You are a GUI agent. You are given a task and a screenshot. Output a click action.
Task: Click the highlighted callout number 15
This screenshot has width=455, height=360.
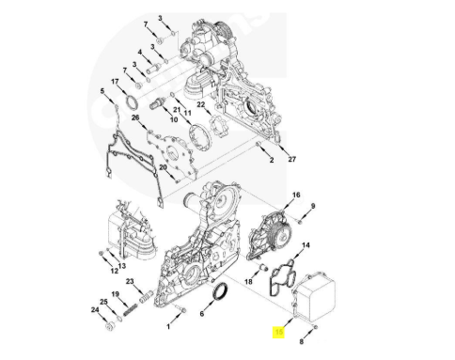[x=278, y=332]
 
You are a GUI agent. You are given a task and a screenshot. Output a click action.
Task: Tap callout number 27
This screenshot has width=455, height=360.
[x=291, y=159]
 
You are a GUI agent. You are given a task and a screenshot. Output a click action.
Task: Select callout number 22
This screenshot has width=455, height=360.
[x=200, y=104]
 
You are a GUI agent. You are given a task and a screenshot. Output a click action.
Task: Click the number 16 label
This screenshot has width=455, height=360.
[x=296, y=195]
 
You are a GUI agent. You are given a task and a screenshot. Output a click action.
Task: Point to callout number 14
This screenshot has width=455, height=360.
[x=306, y=244]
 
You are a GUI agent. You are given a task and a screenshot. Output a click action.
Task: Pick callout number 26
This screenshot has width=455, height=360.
[x=135, y=117]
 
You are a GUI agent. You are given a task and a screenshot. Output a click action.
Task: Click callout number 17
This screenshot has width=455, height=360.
[x=115, y=82]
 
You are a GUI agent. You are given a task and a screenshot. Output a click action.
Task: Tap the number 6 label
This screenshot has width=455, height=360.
[x=202, y=313]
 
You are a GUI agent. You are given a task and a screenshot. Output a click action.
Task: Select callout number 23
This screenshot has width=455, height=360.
[x=130, y=281]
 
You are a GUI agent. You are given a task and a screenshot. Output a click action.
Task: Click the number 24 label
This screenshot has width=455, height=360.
[x=95, y=309]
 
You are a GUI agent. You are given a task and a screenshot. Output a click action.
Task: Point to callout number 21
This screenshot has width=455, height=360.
[x=177, y=110]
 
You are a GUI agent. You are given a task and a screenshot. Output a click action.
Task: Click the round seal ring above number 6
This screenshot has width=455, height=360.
[x=221, y=291]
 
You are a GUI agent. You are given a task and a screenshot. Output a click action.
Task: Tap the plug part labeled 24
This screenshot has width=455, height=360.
[x=110, y=327]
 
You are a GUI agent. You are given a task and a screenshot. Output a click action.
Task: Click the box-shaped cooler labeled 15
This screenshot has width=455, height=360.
[x=314, y=297]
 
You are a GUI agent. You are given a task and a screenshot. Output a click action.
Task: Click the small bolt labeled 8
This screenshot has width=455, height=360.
[x=316, y=327]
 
